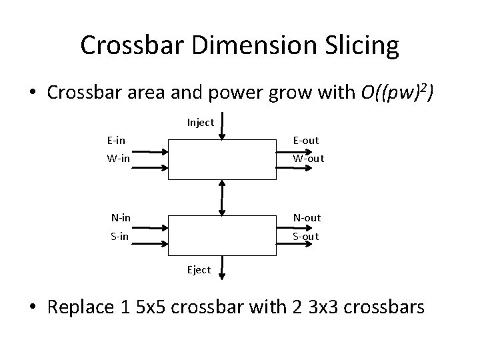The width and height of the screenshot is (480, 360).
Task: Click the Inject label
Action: (200, 122)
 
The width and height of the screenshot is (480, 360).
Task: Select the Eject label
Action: (199, 269)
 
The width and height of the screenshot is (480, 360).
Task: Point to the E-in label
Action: (117, 141)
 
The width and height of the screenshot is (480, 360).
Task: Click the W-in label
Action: (118, 159)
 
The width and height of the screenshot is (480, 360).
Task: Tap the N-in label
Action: (121, 217)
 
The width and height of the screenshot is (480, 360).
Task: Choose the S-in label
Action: (120, 236)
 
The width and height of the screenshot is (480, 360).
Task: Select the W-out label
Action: (308, 159)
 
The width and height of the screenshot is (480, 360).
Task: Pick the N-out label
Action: (307, 217)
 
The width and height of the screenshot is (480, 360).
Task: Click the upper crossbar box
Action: (221, 159)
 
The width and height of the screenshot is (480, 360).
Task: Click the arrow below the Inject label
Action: (222, 127)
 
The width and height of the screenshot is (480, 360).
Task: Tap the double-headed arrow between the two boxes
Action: (222, 197)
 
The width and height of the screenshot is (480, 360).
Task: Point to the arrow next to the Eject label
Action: (222, 267)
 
